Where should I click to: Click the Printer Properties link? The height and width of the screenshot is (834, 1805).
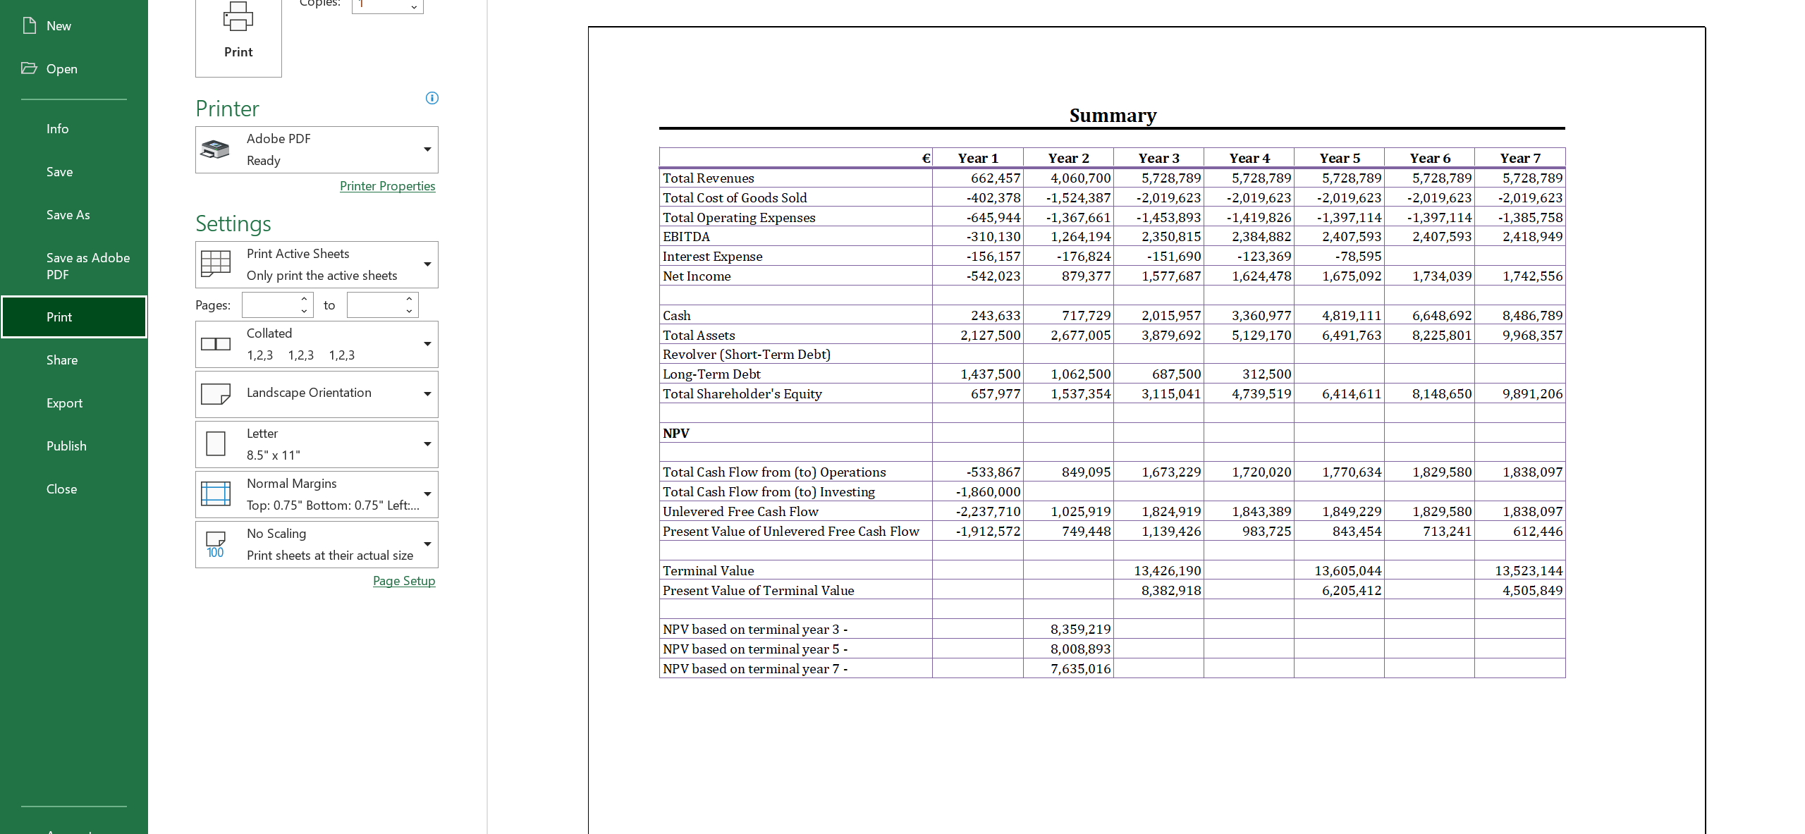[x=387, y=186]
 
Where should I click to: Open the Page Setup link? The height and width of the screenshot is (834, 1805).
[x=403, y=581]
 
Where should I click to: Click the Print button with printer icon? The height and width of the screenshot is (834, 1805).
[x=238, y=35]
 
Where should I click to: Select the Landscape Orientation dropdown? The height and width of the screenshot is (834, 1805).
[x=317, y=393]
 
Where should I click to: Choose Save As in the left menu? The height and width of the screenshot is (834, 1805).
[x=68, y=215]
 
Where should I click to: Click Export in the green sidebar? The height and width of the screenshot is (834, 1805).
[x=64, y=403]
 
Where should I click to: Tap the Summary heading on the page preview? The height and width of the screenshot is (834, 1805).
[x=1113, y=116]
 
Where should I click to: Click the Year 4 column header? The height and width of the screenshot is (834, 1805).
[x=1249, y=159]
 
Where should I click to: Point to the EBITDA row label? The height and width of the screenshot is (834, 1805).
[x=686, y=237]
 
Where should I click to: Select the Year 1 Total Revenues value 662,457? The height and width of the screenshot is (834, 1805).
[x=995, y=178]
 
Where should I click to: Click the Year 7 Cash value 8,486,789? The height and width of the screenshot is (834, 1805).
[x=1532, y=316]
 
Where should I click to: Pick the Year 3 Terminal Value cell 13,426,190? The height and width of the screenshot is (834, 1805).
[x=1167, y=571]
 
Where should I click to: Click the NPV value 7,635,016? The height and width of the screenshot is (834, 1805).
[x=1080, y=669]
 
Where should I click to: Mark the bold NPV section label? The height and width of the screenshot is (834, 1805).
[x=676, y=434]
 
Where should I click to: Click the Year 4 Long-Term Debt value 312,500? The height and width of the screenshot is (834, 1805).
[x=1266, y=374]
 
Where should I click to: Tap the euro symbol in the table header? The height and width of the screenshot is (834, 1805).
[x=926, y=159]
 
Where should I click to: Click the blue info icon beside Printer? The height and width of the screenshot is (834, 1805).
[x=432, y=98]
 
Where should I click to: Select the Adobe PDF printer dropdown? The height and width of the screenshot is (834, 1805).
[x=317, y=149]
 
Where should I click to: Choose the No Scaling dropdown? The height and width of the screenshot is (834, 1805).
[x=317, y=544]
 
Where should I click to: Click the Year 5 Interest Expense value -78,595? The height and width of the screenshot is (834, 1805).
[x=1358, y=257]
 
